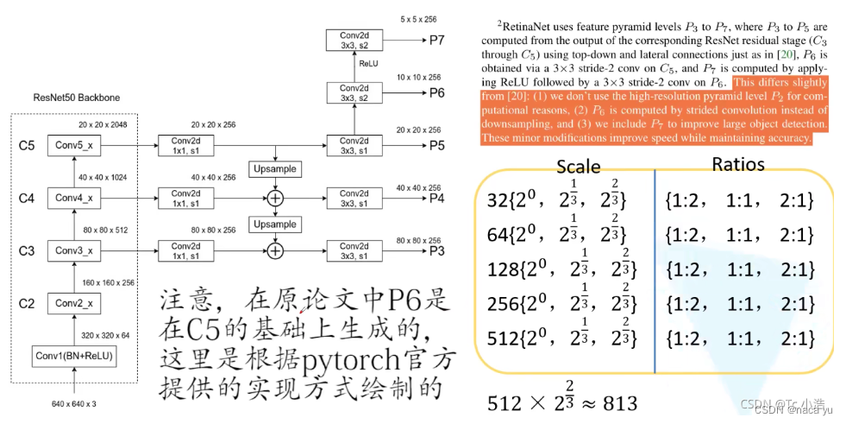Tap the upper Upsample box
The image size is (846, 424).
(x=274, y=167)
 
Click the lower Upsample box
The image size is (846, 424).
(x=274, y=225)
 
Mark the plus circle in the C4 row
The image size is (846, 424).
(x=275, y=198)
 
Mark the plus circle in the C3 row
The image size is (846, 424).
(x=275, y=251)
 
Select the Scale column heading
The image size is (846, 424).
(x=579, y=167)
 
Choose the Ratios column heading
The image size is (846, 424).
(x=738, y=164)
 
